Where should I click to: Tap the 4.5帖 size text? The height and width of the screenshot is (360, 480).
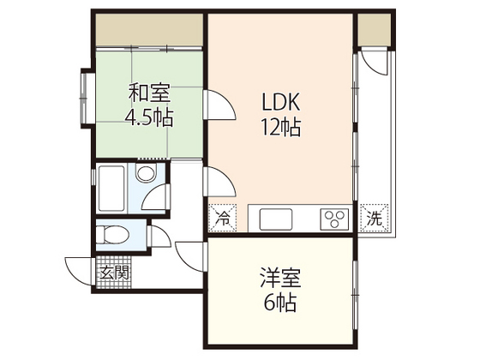point(151,115)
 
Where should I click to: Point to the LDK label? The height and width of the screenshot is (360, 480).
point(280,101)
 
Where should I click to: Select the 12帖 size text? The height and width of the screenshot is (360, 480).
point(280,128)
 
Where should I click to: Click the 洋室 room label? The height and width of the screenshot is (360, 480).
point(279,279)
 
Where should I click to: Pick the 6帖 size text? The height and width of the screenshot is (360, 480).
point(279,304)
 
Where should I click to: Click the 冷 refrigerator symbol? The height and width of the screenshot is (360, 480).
point(222,218)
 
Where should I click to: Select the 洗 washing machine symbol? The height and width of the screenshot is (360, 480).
point(374,218)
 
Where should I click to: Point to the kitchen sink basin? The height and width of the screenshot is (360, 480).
point(276,218)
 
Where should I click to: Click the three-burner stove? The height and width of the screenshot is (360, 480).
point(334,218)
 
